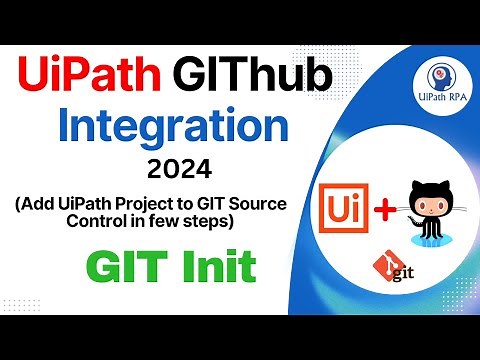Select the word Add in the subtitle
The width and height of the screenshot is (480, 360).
[x=37, y=205]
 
